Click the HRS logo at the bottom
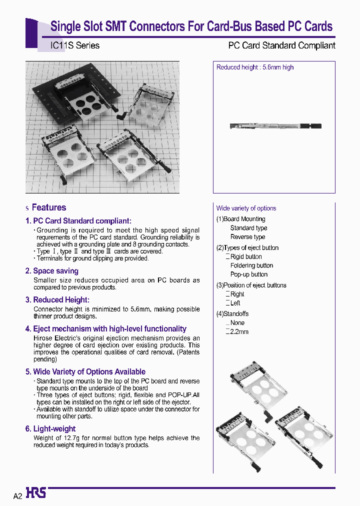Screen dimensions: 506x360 (x=36, y=493)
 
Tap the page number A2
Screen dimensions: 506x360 (x=17, y=496)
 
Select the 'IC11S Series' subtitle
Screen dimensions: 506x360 (x=75, y=45)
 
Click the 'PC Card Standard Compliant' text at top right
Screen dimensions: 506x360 (x=281, y=45)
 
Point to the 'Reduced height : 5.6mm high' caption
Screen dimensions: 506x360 (x=255, y=67)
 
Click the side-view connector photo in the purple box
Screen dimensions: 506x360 (x=275, y=126)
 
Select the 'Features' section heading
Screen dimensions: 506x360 (x=48, y=207)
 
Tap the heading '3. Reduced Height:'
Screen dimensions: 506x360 (x=57, y=300)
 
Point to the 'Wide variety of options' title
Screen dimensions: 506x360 (x=246, y=208)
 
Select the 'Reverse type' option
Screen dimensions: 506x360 (x=247, y=237)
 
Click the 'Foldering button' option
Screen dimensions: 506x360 (x=251, y=265)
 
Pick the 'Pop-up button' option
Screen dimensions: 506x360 (x=248, y=274)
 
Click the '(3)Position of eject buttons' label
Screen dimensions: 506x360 (x=251, y=285)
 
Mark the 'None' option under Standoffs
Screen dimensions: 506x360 (x=237, y=323)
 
